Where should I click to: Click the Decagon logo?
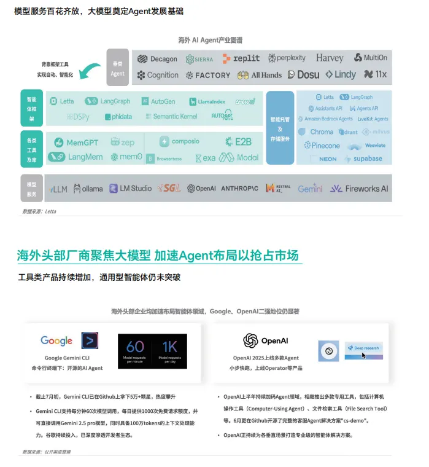click(157, 59)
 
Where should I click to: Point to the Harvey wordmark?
click(330, 58)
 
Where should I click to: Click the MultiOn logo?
click(371, 58)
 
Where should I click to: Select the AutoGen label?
click(158, 101)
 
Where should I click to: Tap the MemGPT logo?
click(76, 143)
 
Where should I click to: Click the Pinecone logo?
click(322, 146)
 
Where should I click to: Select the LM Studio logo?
click(130, 189)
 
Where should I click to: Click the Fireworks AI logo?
click(359, 189)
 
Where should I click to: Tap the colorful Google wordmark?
click(56, 340)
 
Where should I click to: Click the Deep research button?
click(363, 348)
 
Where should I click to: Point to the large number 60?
click(135, 347)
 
